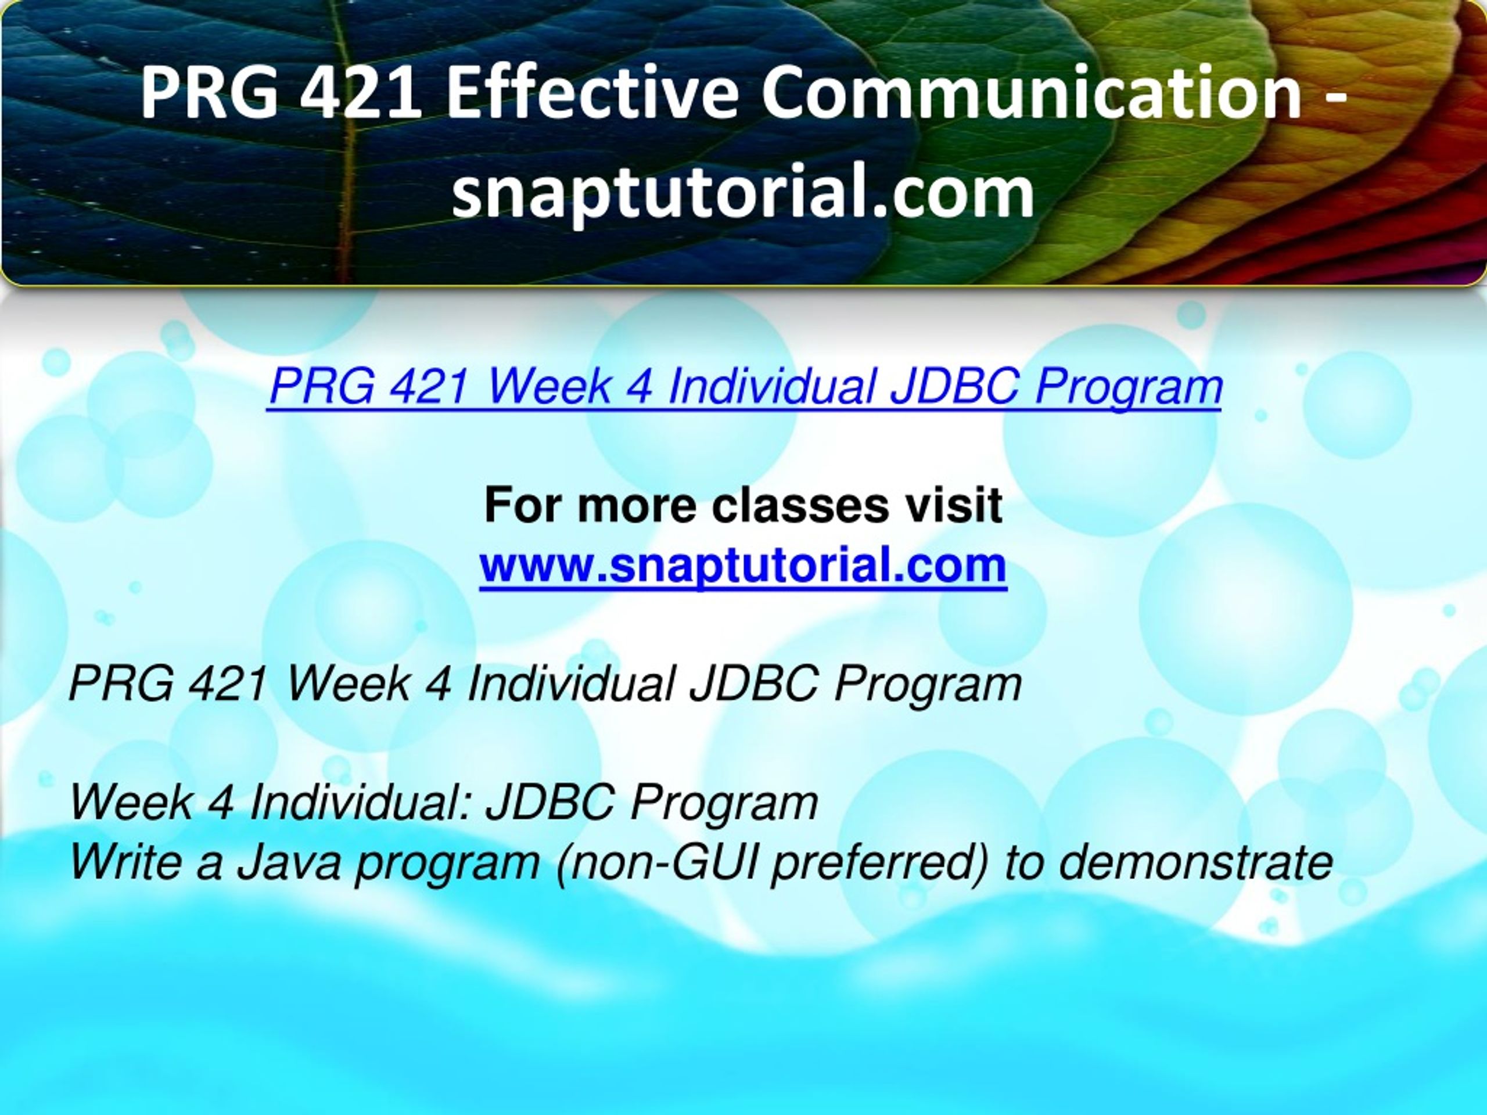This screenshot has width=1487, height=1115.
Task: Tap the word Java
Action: [x=289, y=861]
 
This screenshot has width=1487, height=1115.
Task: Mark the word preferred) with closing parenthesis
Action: [x=881, y=862]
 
